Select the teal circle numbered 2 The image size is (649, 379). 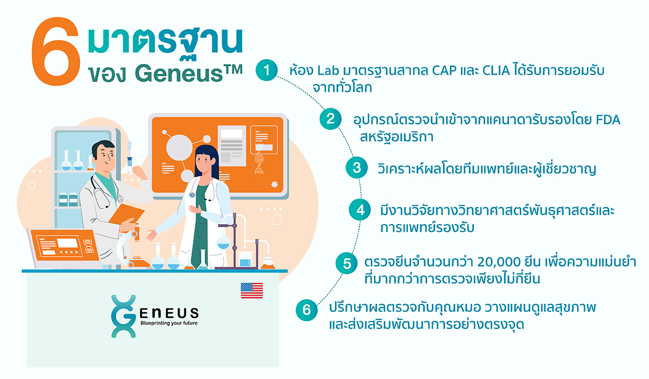click(x=330, y=120)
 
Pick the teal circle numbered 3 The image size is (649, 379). click(x=356, y=167)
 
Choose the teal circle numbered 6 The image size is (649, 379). click(x=307, y=310)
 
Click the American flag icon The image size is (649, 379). click(x=252, y=291)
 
